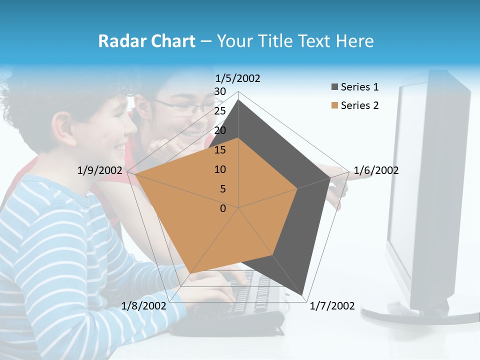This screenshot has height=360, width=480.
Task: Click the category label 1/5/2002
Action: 238,78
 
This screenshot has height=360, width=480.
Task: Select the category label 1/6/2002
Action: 376,170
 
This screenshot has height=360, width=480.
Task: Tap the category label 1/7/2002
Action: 332,306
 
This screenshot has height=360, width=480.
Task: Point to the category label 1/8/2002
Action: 144,306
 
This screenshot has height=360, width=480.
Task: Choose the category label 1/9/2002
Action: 100,170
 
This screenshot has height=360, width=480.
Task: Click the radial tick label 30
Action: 220,91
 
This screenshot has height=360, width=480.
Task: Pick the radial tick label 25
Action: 220,111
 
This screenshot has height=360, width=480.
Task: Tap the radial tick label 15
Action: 220,150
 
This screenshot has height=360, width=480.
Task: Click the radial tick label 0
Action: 223,208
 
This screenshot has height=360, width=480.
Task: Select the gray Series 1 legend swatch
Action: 334,87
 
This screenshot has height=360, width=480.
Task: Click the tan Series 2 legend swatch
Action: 334,105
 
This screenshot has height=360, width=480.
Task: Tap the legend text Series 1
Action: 360,87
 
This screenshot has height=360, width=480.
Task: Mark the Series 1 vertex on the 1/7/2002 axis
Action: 302,295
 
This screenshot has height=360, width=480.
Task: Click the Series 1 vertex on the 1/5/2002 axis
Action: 238,100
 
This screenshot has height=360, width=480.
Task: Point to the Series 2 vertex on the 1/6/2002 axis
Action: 297,188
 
